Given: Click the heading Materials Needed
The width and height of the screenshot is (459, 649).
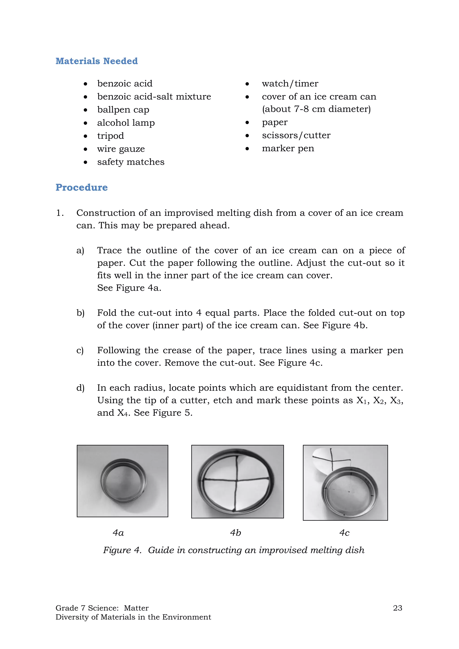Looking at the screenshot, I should click(96, 61).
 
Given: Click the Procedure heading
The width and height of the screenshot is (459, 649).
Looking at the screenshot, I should click(81, 187).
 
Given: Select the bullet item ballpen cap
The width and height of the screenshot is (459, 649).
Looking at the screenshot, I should click(123, 110).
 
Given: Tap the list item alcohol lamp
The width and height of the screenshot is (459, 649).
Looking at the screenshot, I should click(126, 123).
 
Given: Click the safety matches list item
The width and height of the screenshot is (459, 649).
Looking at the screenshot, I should click(131, 162).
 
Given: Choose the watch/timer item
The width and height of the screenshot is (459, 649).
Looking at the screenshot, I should click(290, 84).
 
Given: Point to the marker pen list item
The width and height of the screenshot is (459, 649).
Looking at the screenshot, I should click(288, 148).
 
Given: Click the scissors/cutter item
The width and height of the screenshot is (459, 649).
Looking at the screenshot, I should click(296, 135).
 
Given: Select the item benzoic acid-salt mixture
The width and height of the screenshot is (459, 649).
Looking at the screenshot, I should click(154, 97).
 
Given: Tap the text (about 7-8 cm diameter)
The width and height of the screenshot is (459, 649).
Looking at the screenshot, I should click(316, 109).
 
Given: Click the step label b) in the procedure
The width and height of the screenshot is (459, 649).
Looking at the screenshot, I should click(80, 313).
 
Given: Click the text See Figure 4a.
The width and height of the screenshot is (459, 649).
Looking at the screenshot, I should click(129, 288).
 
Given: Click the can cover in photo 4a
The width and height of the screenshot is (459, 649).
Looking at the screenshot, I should click(123, 480).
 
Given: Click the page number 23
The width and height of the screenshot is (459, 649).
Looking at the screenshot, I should click(397, 608).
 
